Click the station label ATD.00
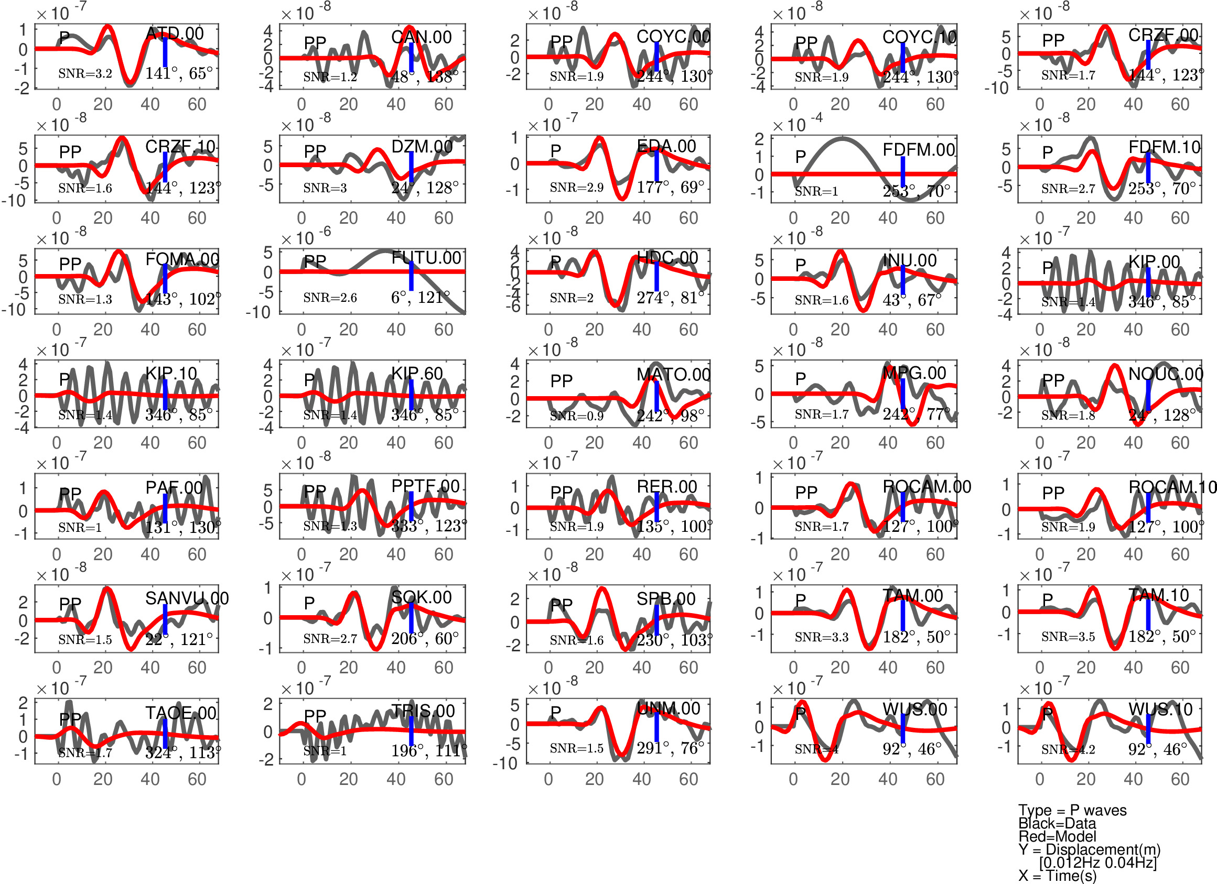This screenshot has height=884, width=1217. (x=175, y=34)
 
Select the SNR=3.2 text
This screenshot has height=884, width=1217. (x=85, y=73)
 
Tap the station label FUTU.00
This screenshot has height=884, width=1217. (x=426, y=258)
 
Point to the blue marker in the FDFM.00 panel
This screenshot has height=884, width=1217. (x=902, y=172)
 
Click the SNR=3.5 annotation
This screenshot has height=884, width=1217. (x=1068, y=637)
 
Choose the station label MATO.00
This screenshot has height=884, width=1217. (x=673, y=375)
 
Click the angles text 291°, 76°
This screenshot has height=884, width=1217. (x=670, y=748)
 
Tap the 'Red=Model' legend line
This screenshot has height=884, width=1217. (x=1057, y=836)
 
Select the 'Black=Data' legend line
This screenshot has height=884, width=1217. (x=1057, y=823)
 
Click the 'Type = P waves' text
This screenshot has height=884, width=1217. (x=1072, y=810)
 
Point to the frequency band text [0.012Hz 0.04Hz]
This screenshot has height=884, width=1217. (x=1098, y=863)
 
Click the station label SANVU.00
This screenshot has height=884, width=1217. (x=187, y=598)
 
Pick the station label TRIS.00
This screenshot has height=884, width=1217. (x=423, y=711)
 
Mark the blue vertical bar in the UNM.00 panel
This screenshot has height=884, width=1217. (x=656, y=726)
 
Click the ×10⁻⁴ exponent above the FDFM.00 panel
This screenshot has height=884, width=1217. (x=798, y=124)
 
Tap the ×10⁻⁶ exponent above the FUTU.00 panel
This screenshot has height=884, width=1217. (x=306, y=237)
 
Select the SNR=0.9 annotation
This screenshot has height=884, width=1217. (x=576, y=416)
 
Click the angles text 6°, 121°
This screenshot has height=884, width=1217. (x=420, y=297)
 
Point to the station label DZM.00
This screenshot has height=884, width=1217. (x=422, y=146)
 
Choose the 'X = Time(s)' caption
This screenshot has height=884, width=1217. (x=1057, y=876)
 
